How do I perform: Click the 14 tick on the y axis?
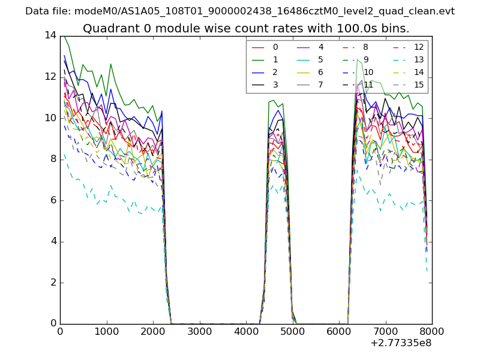pos(50,35)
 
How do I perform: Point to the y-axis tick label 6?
pos(53,200)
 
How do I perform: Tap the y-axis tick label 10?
pos(50,118)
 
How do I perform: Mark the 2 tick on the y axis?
pos(53,283)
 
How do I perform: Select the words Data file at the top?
pos(47,11)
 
